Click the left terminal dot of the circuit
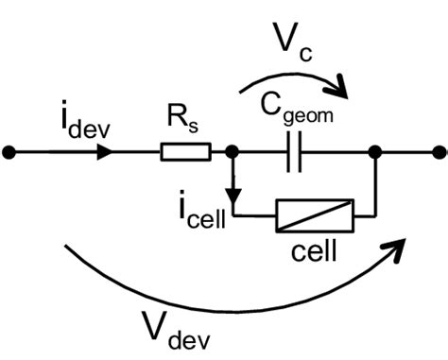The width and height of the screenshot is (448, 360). click(9, 151)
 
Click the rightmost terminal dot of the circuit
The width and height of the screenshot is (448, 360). click(438, 151)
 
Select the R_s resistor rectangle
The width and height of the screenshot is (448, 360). click(185, 151)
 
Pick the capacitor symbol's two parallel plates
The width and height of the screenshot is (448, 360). click(294, 151)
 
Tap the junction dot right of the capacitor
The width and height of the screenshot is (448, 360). click(375, 151)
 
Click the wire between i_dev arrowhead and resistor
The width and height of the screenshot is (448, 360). click(137, 151)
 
